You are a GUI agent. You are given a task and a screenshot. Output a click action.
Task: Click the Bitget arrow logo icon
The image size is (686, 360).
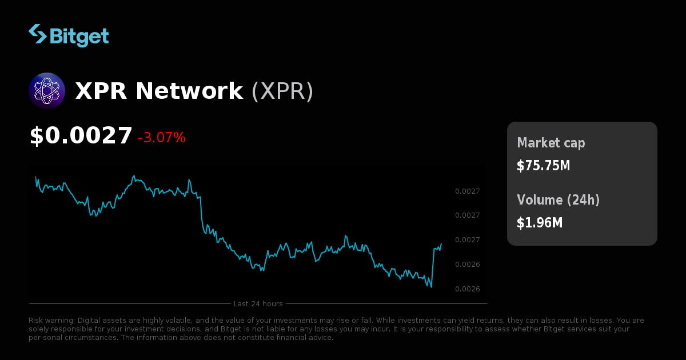point(37,34)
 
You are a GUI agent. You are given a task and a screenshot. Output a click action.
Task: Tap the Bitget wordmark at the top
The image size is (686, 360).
point(79,36)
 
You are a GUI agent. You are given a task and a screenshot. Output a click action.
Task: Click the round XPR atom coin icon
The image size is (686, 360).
point(47,91)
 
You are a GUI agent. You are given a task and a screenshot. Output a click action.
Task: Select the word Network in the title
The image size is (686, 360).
point(189,91)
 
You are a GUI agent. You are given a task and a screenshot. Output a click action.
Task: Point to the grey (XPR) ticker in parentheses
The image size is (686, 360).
point(282,91)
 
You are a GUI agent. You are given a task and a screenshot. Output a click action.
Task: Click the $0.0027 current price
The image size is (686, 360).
point(81,136)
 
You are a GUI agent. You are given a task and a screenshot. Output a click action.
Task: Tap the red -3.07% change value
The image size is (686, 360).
point(162,138)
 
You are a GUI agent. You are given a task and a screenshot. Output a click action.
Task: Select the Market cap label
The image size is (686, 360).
point(551,143)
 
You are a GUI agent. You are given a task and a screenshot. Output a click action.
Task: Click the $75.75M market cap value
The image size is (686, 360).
point(543,166)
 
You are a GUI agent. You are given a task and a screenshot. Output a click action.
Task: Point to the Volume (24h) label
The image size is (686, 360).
point(559,200)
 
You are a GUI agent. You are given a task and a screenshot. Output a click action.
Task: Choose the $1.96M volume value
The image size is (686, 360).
point(540,223)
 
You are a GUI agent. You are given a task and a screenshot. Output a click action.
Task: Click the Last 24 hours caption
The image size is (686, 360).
point(258,303)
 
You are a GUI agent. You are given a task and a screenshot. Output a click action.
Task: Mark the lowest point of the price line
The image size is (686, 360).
point(431,287)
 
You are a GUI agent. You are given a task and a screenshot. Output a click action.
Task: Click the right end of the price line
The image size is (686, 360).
point(441,244)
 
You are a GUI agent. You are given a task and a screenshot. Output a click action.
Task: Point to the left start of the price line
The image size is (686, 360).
point(36,177)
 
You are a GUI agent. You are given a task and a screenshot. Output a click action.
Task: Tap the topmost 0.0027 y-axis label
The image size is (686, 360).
point(467,191)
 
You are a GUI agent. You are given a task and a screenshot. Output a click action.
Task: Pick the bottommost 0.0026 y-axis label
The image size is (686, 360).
point(467,289)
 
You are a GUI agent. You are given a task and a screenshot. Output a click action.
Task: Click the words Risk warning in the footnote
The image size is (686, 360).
point(51,321)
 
